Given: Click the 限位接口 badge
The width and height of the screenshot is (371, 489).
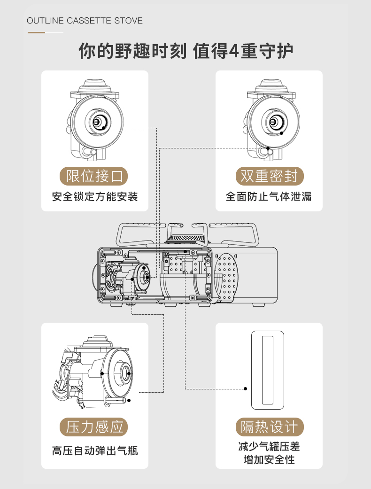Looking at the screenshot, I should click(94, 177).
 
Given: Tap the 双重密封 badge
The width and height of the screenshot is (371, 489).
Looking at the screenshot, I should click(269, 177).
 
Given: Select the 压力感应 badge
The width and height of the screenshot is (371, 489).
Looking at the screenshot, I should click(94, 427).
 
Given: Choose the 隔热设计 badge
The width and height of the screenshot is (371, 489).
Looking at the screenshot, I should click(269, 427).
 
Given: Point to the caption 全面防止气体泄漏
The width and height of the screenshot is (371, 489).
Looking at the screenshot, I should click(269, 196).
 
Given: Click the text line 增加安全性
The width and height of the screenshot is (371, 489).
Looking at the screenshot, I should click(269, 459).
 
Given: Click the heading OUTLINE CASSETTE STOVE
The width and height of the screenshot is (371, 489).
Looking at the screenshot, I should click(85, 21).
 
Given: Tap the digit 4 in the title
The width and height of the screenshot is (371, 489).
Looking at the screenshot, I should click(234, 51).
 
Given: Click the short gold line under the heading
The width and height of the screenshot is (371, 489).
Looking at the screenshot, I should click(37, 32).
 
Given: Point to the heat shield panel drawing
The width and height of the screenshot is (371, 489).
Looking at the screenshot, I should click(268, 370).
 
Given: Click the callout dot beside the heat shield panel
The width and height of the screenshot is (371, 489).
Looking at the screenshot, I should click(245, 389).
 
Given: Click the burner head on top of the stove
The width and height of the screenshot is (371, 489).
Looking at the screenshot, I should click(187, 240).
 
